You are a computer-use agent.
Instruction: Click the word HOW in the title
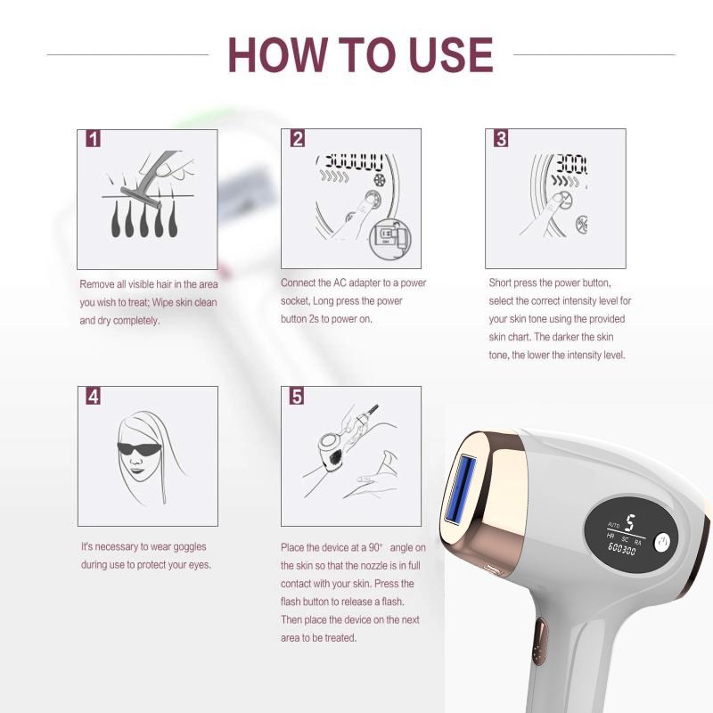pos(277,54)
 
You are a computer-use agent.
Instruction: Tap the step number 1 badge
pos(94,139)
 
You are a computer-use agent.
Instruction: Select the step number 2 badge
pos(298,139)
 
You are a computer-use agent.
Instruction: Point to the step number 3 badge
pos(501,139)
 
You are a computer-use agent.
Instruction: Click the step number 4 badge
pos(94,397)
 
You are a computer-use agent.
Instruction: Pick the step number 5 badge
pos(297,397)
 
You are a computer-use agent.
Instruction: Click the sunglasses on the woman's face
pos(139,449)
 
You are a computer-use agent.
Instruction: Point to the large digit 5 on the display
pos(629,523)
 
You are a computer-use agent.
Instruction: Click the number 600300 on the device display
pos(621,549)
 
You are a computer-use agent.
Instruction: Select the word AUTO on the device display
pos(613,525)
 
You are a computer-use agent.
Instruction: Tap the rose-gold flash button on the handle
pos(540,641)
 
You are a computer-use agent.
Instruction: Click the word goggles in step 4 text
pos(188,547)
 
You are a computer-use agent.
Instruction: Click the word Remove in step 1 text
pos(97,284)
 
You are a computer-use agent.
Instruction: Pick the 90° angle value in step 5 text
pos(376,547)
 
